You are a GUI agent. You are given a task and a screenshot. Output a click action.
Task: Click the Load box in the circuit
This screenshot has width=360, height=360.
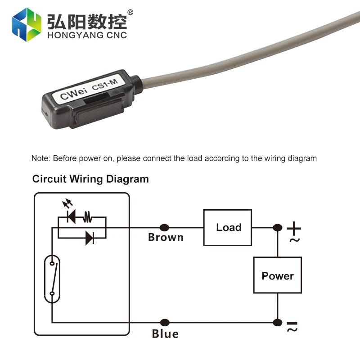(227, 227)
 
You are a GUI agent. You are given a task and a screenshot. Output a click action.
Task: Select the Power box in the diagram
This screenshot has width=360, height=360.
(277, 275)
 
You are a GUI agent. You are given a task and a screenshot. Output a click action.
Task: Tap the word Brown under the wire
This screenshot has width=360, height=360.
(166, 238)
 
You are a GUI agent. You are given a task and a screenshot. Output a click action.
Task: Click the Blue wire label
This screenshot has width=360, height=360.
(165, 334)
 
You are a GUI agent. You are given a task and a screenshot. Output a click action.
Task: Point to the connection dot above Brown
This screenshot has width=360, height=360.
(165, 228)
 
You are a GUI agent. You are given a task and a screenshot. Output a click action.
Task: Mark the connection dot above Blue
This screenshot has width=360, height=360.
(165, 322)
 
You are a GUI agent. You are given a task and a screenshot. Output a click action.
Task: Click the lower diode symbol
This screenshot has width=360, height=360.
(90, 238)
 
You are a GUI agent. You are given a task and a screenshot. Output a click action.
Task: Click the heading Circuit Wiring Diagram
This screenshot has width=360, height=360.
(90, 179)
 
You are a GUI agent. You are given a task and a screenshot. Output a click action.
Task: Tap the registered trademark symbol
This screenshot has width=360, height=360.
(130, 12)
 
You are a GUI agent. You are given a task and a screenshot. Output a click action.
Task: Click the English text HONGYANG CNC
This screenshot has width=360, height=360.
(86, 35)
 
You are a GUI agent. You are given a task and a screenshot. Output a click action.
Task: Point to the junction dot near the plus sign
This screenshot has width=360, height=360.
(278, 228)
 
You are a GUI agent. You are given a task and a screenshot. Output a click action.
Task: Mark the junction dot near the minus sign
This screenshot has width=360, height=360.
(278, 322)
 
